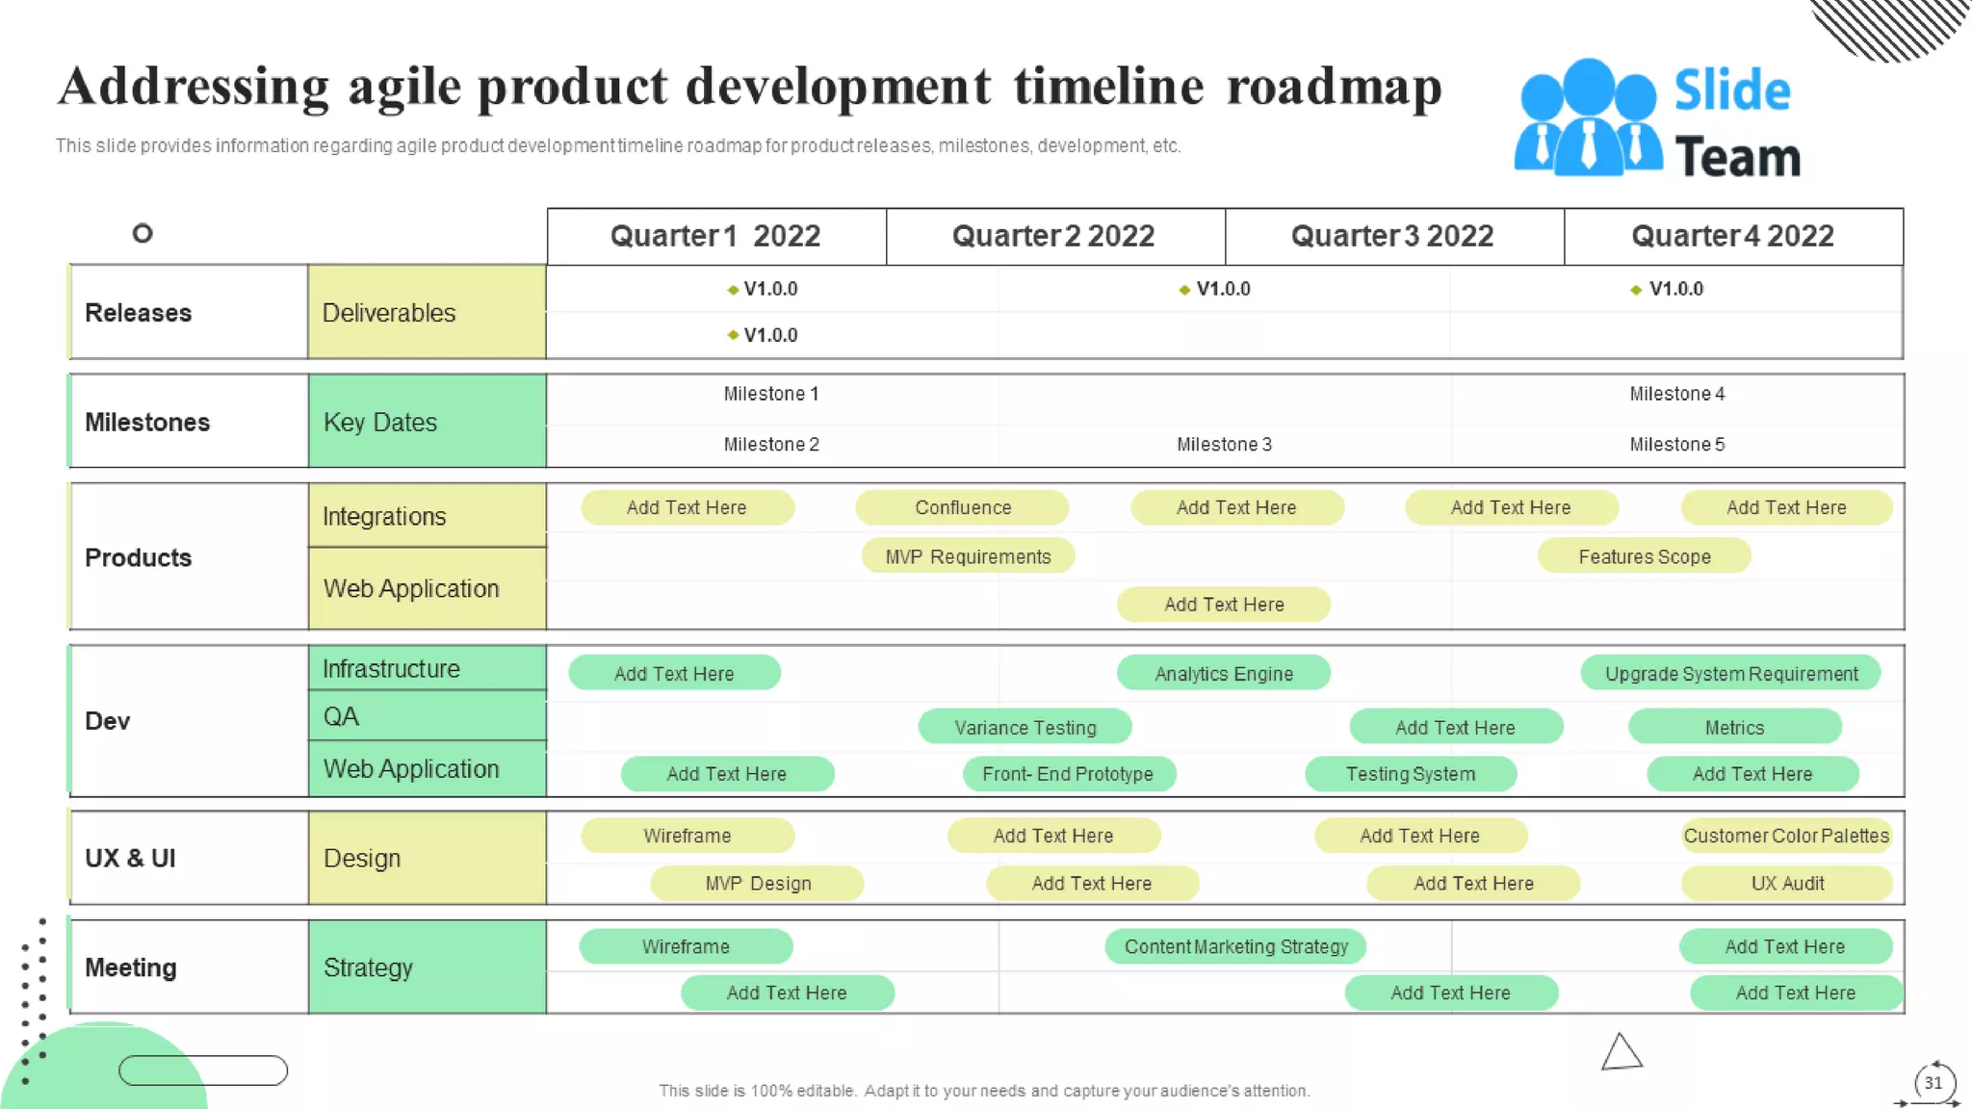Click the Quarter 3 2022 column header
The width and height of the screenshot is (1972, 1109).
[1392, 236]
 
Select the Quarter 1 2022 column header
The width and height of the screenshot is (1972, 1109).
[715, 236]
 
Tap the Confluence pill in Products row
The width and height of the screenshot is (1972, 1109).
[962, 507]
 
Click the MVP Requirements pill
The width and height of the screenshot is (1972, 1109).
[968, 556]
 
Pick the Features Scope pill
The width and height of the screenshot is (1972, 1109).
[1644, 556]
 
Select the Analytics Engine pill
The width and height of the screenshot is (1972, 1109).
[1223, 674]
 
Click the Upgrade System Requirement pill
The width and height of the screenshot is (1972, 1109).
[1730, 674]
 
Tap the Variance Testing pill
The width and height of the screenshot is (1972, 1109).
[1025, 728]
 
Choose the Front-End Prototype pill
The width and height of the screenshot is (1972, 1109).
[1068, 774]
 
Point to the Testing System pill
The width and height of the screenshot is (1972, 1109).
[1410, 774]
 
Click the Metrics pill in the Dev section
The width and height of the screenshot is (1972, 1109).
[1734, 728]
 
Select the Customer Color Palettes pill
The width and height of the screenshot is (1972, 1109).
[1786, 836]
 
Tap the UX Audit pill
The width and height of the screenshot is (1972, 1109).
[1786, 883]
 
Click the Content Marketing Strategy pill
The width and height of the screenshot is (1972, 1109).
[1235, 946]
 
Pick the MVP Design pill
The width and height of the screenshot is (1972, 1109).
[757, 883]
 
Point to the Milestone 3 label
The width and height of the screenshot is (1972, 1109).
[1224, 444]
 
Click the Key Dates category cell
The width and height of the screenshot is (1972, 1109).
[427, 422]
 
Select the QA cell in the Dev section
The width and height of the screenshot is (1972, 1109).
[427, 716]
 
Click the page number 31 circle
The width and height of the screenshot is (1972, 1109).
[1933, 1083]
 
